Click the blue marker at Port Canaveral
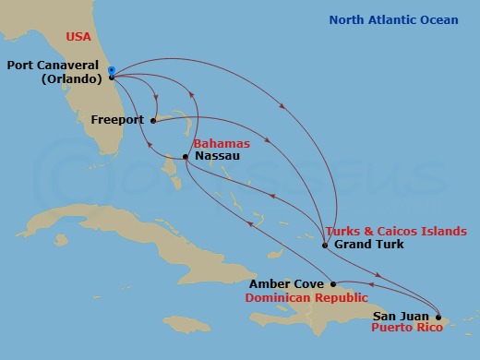coord(111,69)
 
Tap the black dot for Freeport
coord(153,119)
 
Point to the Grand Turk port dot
coord(325,246)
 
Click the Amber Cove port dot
coord(333,284)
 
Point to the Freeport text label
coord(118,119)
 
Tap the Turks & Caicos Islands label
coord(395,231)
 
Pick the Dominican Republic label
coord(301,297)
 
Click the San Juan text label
coord(400,316)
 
